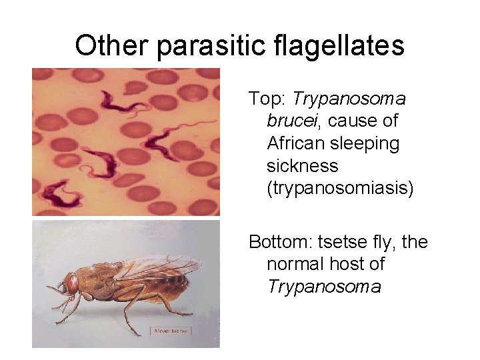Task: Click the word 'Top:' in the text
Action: [268, 99]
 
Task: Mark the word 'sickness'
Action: [302, 165]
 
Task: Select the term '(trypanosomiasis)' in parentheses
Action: [340, 188]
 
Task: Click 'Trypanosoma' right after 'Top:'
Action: [349, 99]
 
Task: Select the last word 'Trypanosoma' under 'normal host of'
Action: [324, 287]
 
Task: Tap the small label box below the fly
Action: [171, 330]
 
